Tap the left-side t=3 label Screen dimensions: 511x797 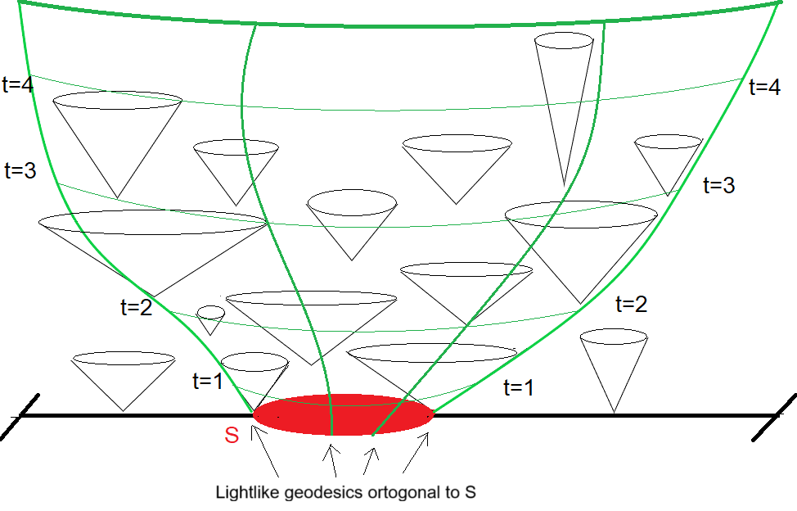[20, 170]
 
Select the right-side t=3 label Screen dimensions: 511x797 [718, 185]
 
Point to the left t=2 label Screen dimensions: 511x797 [136, 308]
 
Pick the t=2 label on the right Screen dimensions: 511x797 [630, 305]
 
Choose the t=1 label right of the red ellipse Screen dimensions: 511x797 [518, 387]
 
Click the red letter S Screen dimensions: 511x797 [232, 436]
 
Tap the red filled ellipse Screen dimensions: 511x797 [344, 414]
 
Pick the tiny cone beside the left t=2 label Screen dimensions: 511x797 [210, 319]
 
